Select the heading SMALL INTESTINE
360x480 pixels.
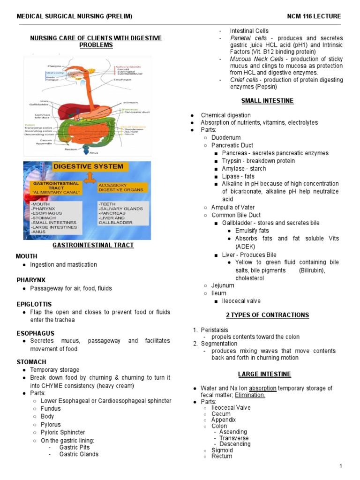[267, 101]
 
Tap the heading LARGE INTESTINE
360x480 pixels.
[264, 374]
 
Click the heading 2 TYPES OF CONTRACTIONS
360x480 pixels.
[268, 315]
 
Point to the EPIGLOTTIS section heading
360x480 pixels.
[34, 304]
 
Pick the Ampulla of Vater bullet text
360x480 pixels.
[233, 207]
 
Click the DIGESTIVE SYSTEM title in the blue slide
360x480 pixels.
[89, 166]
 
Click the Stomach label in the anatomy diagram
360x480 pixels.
[130, 102]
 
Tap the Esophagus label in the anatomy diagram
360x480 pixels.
[123, 80]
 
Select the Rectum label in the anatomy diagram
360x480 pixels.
[71, 149]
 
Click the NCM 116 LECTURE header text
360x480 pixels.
[314, 16]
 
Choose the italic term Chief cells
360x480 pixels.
[243, 80]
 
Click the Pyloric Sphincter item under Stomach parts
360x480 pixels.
[63, 432]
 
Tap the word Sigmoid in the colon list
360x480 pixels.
[222, 450]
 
